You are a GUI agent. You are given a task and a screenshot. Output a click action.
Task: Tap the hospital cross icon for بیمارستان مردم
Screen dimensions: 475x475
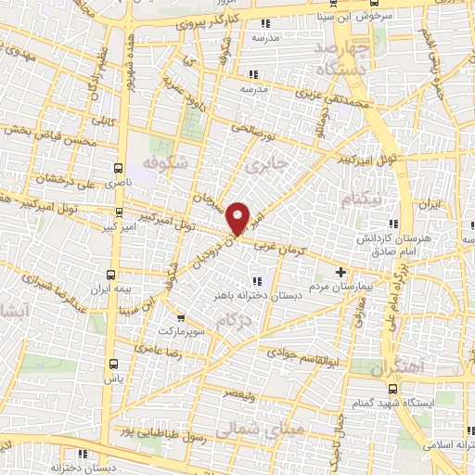point(340,273)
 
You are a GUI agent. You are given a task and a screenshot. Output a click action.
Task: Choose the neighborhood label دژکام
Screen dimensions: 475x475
point(234,320)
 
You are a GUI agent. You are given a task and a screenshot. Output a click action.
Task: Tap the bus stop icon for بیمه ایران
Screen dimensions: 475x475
point(111,276)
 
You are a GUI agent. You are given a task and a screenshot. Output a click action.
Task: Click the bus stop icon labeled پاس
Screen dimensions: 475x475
point(113,364)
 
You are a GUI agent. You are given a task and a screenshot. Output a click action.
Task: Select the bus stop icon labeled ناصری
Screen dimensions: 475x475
point(118,168)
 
